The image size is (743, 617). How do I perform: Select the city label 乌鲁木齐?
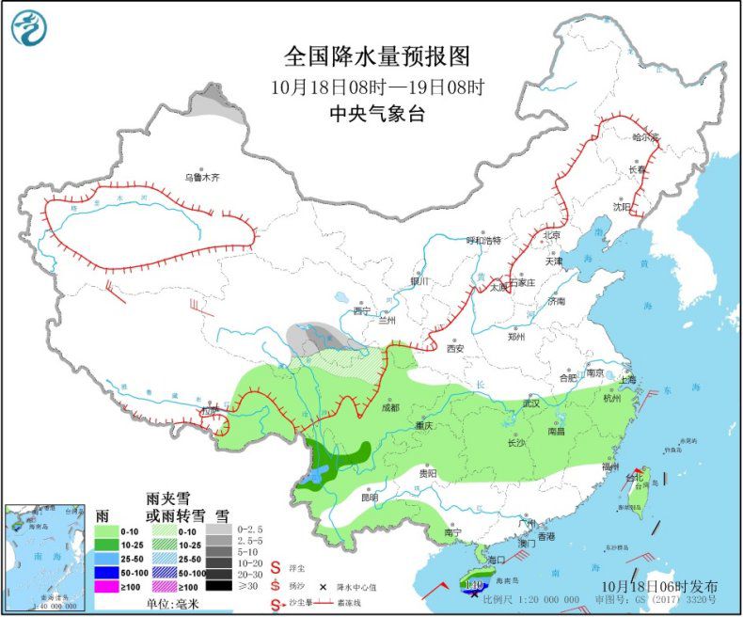pyautogui.click(x=200, y=177)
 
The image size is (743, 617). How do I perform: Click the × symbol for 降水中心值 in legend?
pyautogui.click(x=322, y=586)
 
